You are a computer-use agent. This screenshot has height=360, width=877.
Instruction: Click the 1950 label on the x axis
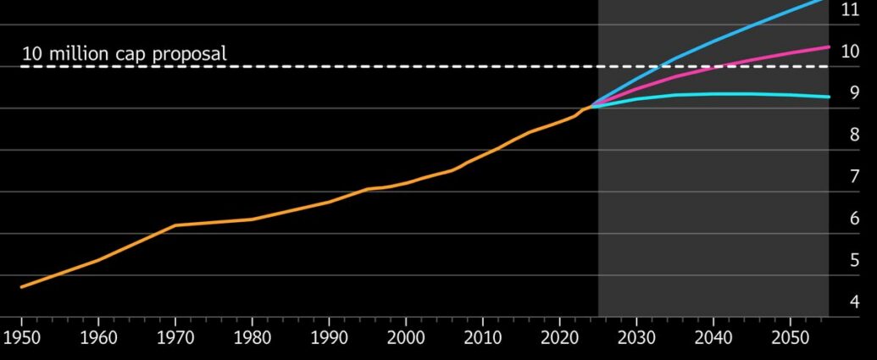(x=22, y=338)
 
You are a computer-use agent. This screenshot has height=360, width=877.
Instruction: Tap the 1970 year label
(x=175, y=338)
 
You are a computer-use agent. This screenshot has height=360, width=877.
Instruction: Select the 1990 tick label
(x=329, y=338)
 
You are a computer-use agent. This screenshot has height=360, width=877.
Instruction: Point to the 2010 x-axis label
(x=483, y=338)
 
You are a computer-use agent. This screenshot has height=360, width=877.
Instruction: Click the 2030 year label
(x=636, y=338)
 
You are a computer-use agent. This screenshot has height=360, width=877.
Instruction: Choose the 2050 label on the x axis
(x=791, y=338)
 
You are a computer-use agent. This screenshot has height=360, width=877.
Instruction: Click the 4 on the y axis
(x=854, y=302)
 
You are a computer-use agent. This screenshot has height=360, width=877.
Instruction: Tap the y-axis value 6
(x=854, y=219)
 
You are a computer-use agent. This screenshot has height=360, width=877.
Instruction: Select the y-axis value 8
(x=854, y=135)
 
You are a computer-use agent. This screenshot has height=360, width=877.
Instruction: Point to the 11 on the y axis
(x=850, y=9)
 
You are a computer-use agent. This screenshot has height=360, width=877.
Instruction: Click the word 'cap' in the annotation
(x=131, y=55)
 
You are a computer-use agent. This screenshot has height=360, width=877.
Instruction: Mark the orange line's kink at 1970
(x=175, y=225)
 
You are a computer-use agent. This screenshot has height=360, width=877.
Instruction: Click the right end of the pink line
(x=829, y=47)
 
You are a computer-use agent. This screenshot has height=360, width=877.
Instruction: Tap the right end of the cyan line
(x=829, y=97)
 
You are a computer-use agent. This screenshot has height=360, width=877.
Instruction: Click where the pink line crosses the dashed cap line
(x=721, y=67)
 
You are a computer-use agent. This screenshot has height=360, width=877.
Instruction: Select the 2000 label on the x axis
(x=406, y=338)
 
